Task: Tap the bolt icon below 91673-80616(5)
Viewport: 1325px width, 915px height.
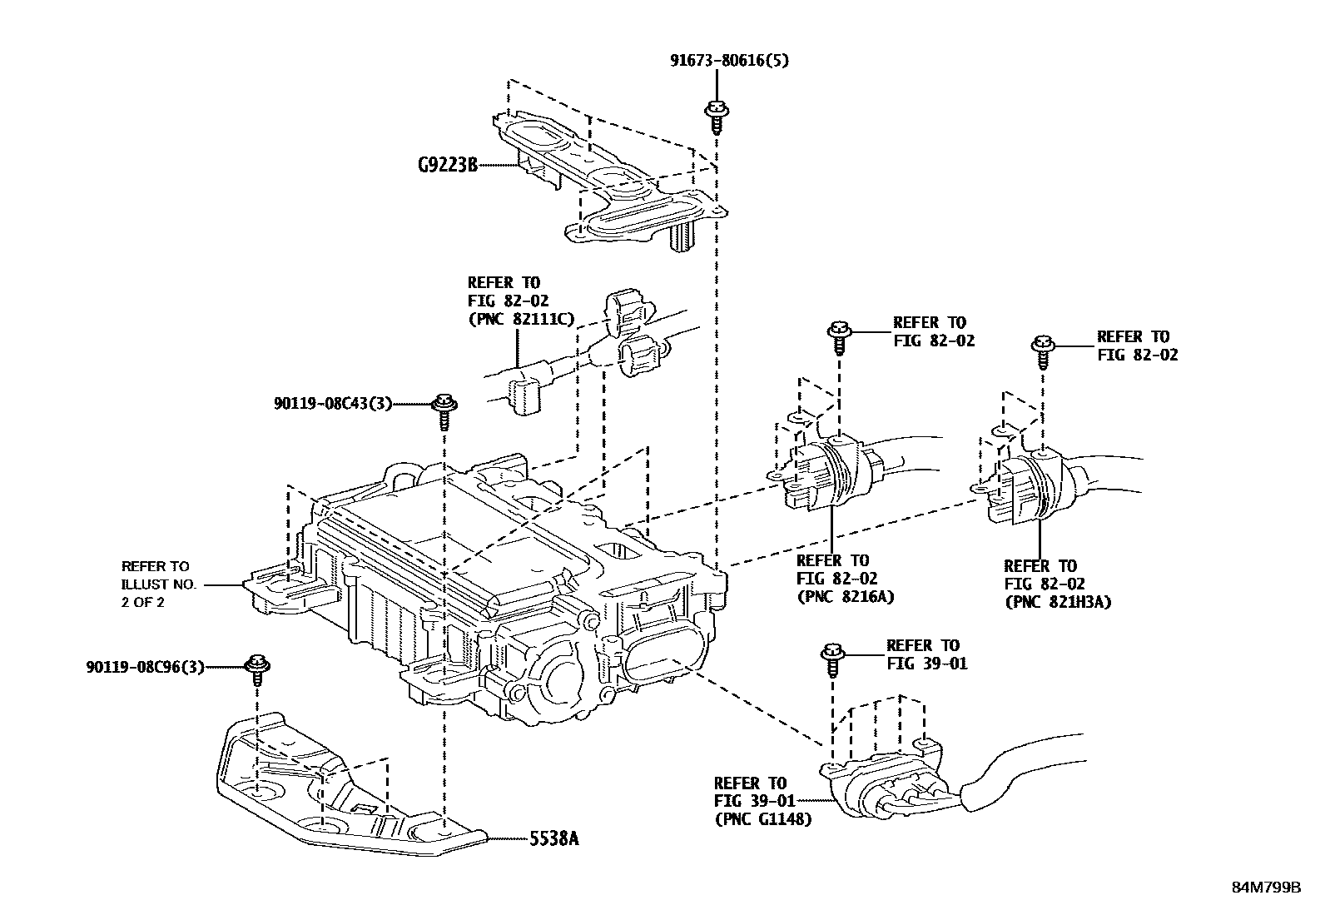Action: click(715, 115)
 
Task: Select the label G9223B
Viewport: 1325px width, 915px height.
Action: click(448, 165)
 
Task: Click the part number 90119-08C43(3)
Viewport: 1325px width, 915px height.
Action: click(332, 404)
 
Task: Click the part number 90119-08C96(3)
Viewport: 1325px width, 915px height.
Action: click(145, 667)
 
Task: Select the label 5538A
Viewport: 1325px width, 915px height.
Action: click(552, 838)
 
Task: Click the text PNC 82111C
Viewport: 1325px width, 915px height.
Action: click(522, 319)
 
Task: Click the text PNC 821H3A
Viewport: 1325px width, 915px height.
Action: click(1058, 602)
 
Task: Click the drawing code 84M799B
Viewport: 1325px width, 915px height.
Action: click(1266, 888)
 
